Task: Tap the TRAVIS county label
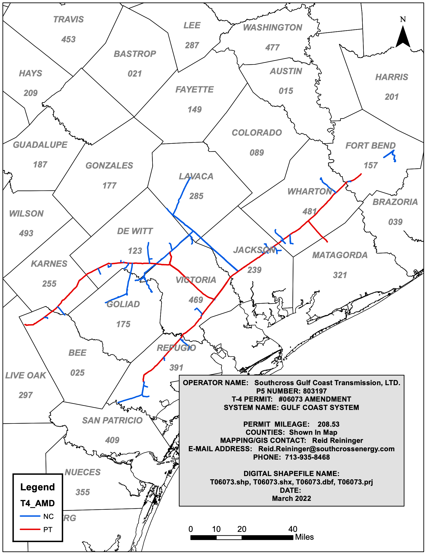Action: pyautogui.click(x=68, y=19)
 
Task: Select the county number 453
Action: pyautogui.click(x=68, y=39)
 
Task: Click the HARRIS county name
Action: pyautogui.click(x=392, y=77)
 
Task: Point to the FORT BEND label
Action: pyautogui.click(x=370, y=146)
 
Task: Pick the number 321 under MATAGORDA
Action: pyautogui.click(x=340, y=275)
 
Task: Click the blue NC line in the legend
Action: pyautogui.click(x=30, y=516)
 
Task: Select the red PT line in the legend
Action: pyautogui.click(x=30, y=529)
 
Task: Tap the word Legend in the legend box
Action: pyautogui.click(x=37, y=487)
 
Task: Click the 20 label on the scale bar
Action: pyautogui.click(x=242, y=529)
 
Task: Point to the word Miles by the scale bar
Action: pyautogui.click(x=304, y=537)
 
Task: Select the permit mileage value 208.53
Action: pyautogui.click(x=328, y=424)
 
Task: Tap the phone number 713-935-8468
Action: pyautogui.click(x=307, y=457)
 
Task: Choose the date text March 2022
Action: pyautogui.click(x=291, y=498)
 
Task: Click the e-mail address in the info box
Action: pyautogui.click(x=326, y=449)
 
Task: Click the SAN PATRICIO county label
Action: pyautogui.click(x=112, y=420)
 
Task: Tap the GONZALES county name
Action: pyautogui.click(x=109, y=166)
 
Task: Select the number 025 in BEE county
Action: pyautogui.click(x=77, y=373)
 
